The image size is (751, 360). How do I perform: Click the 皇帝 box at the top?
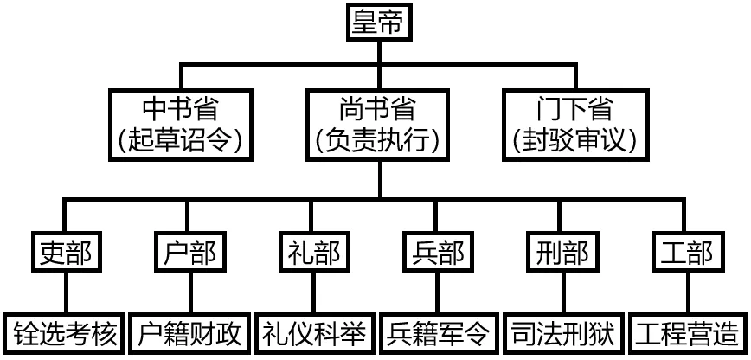376,23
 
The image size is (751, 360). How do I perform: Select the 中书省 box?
180,123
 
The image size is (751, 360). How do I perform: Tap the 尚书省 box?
376,123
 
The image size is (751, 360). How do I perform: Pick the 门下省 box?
574,123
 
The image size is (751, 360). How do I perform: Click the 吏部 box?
66,253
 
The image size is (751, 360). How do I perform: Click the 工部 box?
686,253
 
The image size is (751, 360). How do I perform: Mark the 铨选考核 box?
66,334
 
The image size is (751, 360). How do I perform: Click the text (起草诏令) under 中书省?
180,138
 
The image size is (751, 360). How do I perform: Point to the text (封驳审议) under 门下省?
574,138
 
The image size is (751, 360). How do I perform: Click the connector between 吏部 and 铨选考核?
66,292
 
